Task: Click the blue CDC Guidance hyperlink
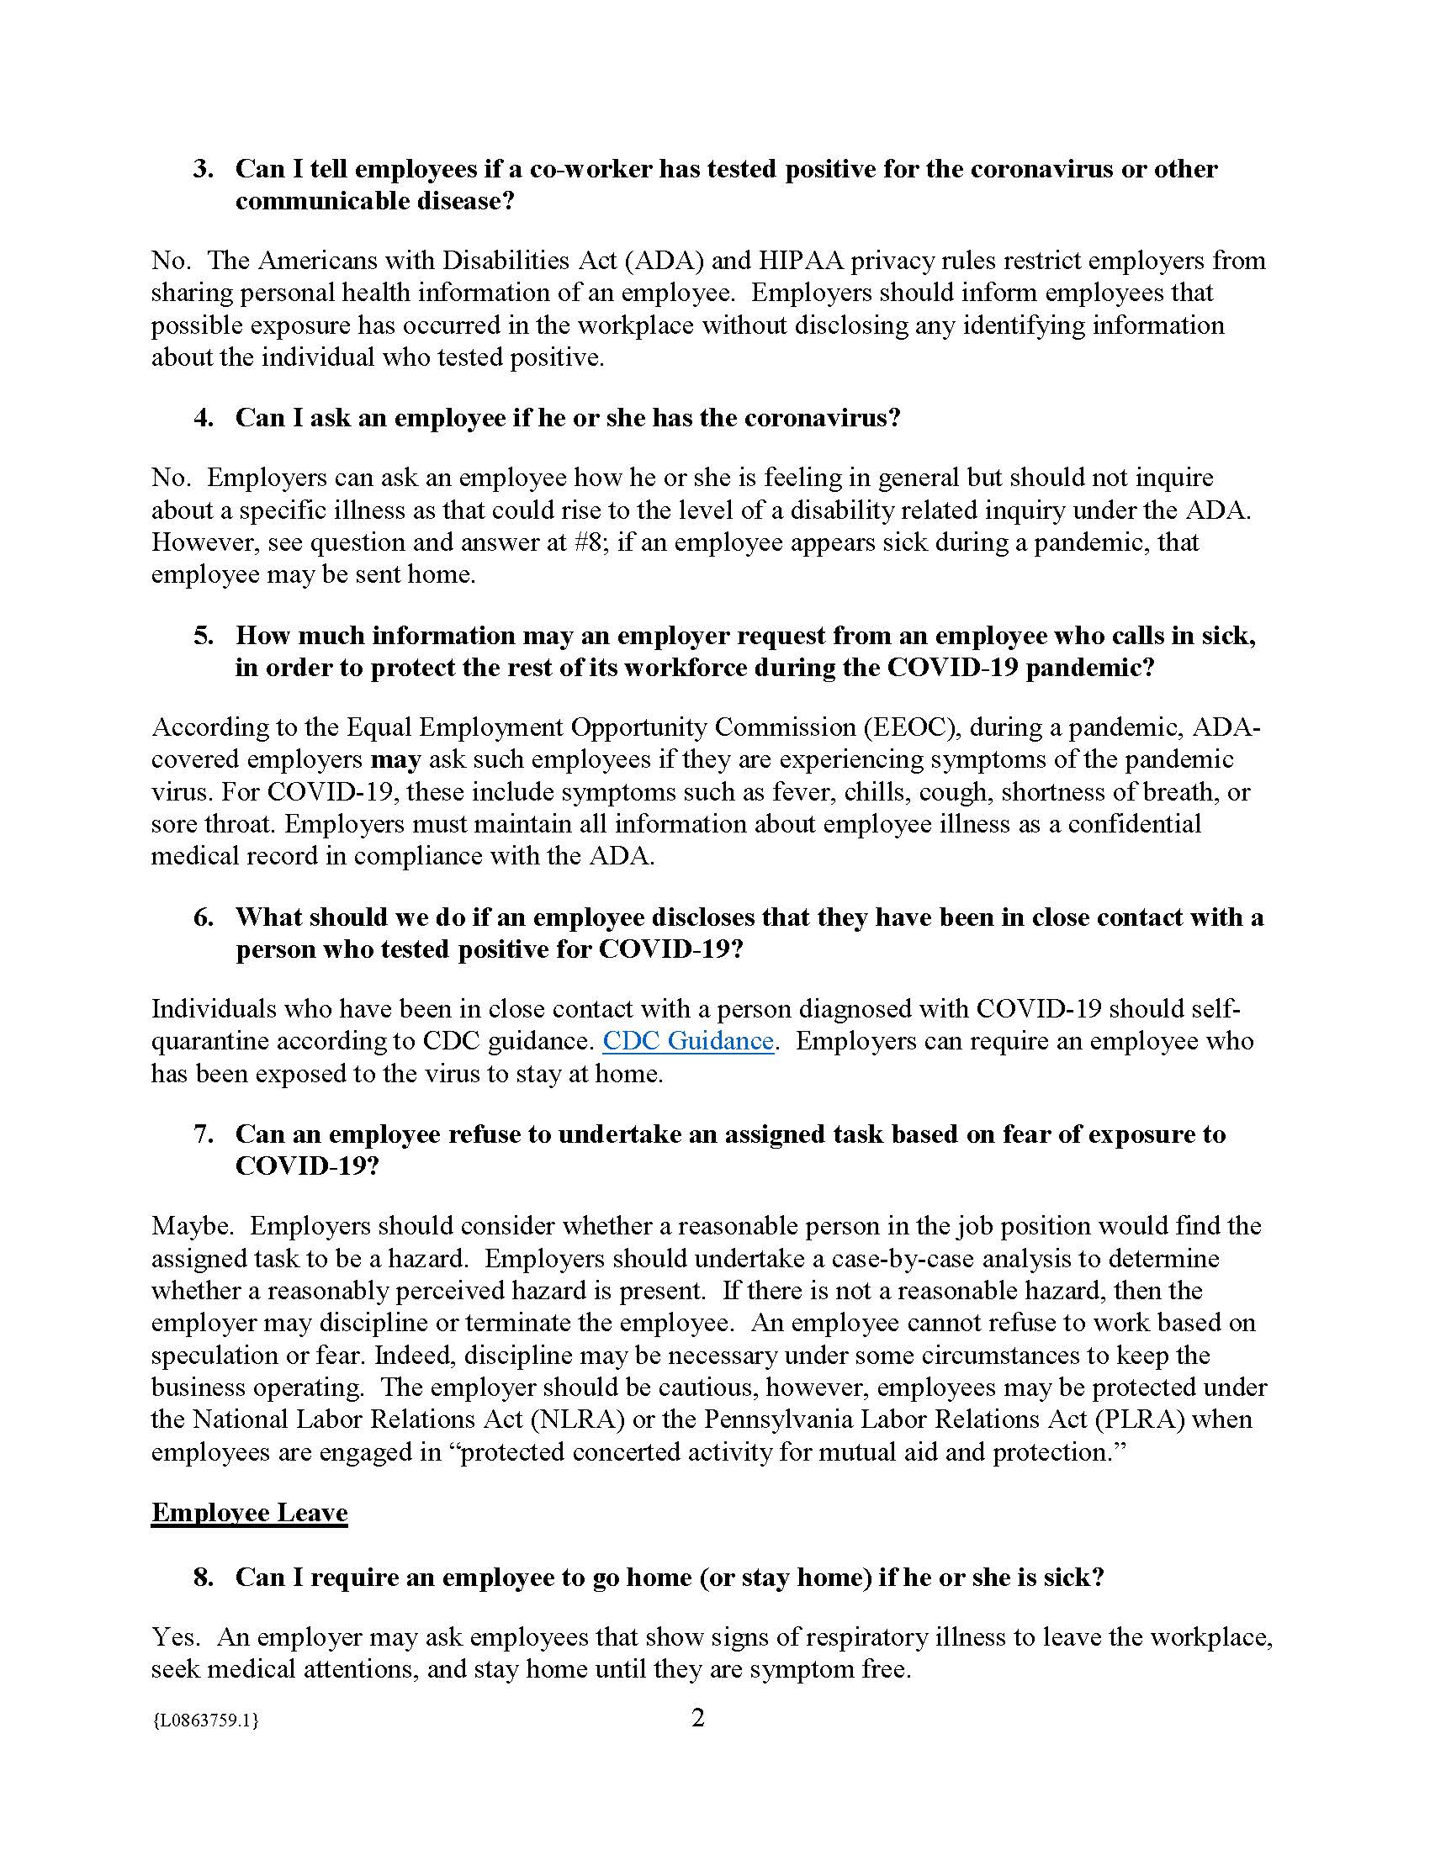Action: (687, 1041)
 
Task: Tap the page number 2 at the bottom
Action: (698, 1718)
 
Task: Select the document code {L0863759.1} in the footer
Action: (205, 1720)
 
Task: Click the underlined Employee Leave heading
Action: (249, 1513)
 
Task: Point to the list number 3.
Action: (203, 168)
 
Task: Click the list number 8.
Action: (203, 1578)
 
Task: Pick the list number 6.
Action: (203, 917)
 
